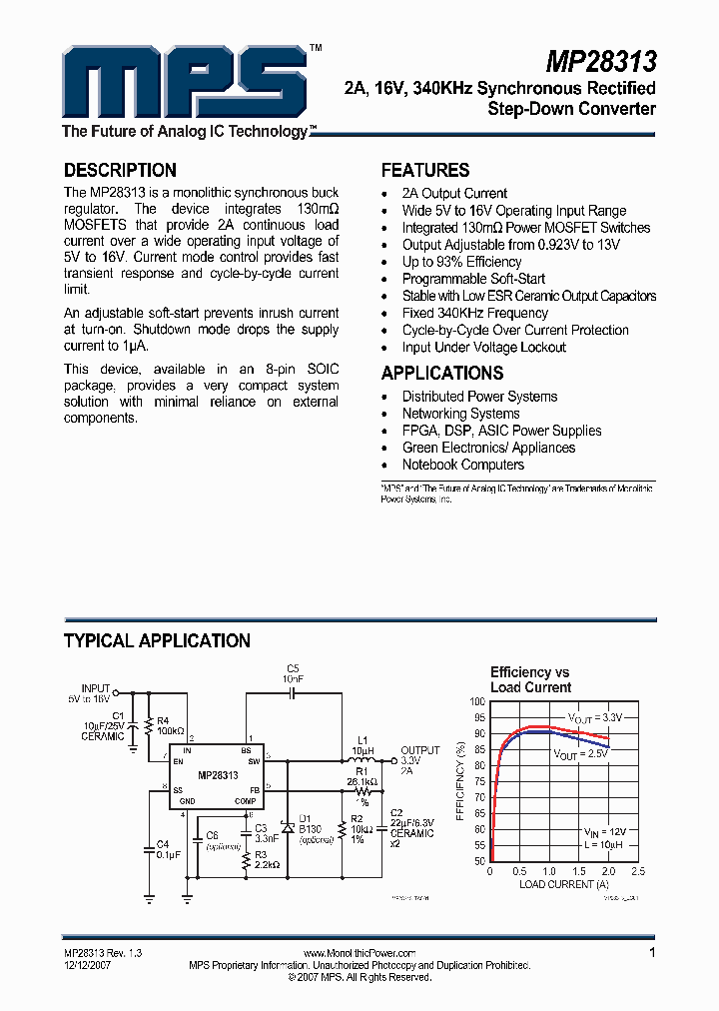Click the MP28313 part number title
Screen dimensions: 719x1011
pos(600,63)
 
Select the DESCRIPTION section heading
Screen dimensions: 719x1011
pos(120,170)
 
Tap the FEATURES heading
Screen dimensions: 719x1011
pos(425,170)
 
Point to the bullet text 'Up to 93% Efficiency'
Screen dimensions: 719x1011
pos(461,262)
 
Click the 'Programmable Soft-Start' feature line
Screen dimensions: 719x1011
pos(473,279)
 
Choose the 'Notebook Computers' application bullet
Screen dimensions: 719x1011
pos(462,465)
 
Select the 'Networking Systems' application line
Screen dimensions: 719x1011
pos(460,414)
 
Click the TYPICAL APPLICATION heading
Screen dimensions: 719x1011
pos(157,640)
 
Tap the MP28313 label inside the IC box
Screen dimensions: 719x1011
pos(218,775)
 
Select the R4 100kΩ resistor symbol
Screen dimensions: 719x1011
pos(148,724)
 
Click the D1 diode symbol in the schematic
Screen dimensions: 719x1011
pos(288,828)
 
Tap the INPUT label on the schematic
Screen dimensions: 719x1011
pos(96,689)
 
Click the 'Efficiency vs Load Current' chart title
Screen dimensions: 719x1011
pos(530,679)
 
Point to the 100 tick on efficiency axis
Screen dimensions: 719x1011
pos(477,701)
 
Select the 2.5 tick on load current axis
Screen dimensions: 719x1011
pos(637,871)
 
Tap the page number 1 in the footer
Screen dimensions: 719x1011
pos(652,953)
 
